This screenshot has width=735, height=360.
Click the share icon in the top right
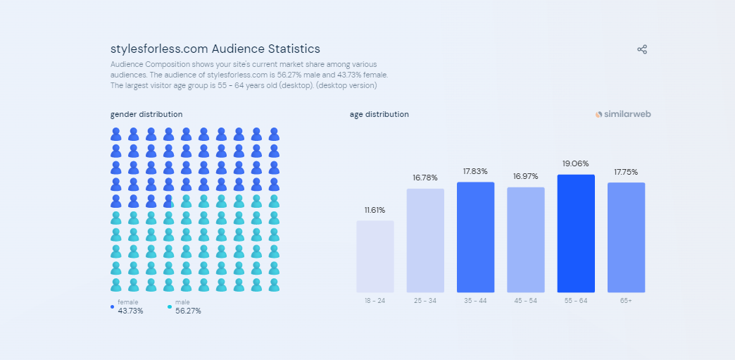click(642, 49)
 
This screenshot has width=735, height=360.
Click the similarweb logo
click(623, 114)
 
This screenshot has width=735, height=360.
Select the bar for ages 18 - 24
click(375, 256)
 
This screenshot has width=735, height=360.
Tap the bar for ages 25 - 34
click(425, 240)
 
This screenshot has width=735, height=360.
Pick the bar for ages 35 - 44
click(475, 237)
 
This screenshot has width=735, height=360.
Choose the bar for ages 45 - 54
click(526, 240)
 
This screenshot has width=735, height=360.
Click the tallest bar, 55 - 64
click(576, 233)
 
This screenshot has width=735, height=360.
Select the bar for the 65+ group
click(626, 237)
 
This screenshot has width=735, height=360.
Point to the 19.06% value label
click(575, 163)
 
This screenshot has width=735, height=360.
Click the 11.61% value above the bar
click(375, 210)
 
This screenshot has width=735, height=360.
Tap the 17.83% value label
click(475, 171)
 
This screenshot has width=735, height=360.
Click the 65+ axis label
click(626, 301)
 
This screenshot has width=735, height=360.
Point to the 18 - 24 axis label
click(375, 301)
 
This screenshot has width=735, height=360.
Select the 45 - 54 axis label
click(525, 301)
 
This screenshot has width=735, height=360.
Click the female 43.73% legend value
click(130, 311)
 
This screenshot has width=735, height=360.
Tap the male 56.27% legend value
click(188, 311)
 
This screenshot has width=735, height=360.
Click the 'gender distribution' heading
click(146, 114)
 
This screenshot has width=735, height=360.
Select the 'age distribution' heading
click(379, 114)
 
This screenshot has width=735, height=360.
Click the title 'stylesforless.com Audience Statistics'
click(215, 49)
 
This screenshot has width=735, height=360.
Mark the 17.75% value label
click(626, 172)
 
